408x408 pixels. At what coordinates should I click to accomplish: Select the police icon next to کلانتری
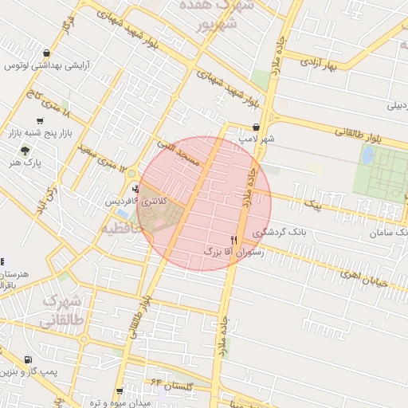[x=136, y=190]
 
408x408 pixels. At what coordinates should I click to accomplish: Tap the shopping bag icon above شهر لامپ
[x=256, y=126]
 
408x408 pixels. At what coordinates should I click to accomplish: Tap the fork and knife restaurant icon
[x=233, y=239]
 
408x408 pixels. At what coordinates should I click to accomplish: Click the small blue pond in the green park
[x=367, y=155]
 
